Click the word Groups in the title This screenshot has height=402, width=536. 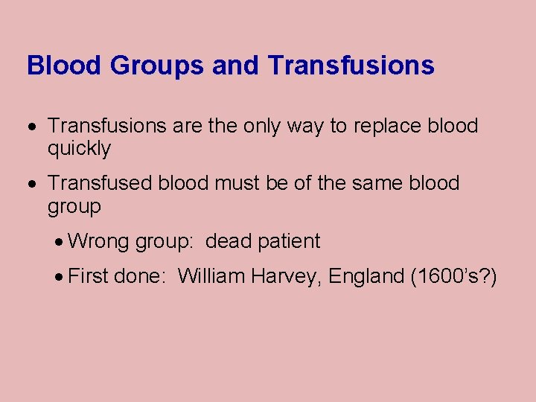click(157, 66)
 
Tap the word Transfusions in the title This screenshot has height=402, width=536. click(351, 66)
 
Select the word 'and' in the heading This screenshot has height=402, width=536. click(236, 66)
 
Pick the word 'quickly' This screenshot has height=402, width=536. click(79, 149)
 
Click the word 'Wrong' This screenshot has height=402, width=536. click(98, 241)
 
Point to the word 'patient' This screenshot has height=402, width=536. click(289, 241)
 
